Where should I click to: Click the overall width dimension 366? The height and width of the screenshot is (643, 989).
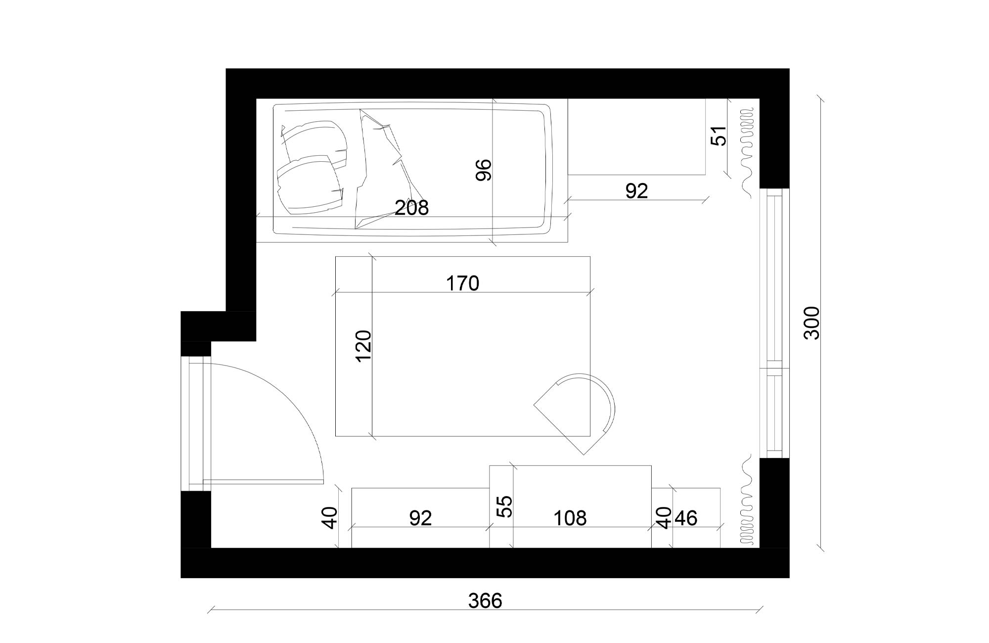coord(485,600)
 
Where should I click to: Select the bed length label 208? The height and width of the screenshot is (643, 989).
coord(411,208)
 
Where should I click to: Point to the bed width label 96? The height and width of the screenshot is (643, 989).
coord(484,170)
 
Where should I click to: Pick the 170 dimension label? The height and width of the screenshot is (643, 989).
coord(463,283)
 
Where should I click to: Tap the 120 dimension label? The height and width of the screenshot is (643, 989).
coord(364,346)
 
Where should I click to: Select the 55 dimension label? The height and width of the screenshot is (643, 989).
coord(505,506)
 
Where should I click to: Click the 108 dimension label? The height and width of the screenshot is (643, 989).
coord(570,518)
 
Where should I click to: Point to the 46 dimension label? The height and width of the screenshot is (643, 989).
coord(686,518)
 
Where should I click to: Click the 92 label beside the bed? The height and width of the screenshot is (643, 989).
coord(636,191)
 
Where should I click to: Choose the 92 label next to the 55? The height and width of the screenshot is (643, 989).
coord(421,518)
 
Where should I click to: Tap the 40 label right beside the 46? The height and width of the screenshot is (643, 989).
coord(665,518)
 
